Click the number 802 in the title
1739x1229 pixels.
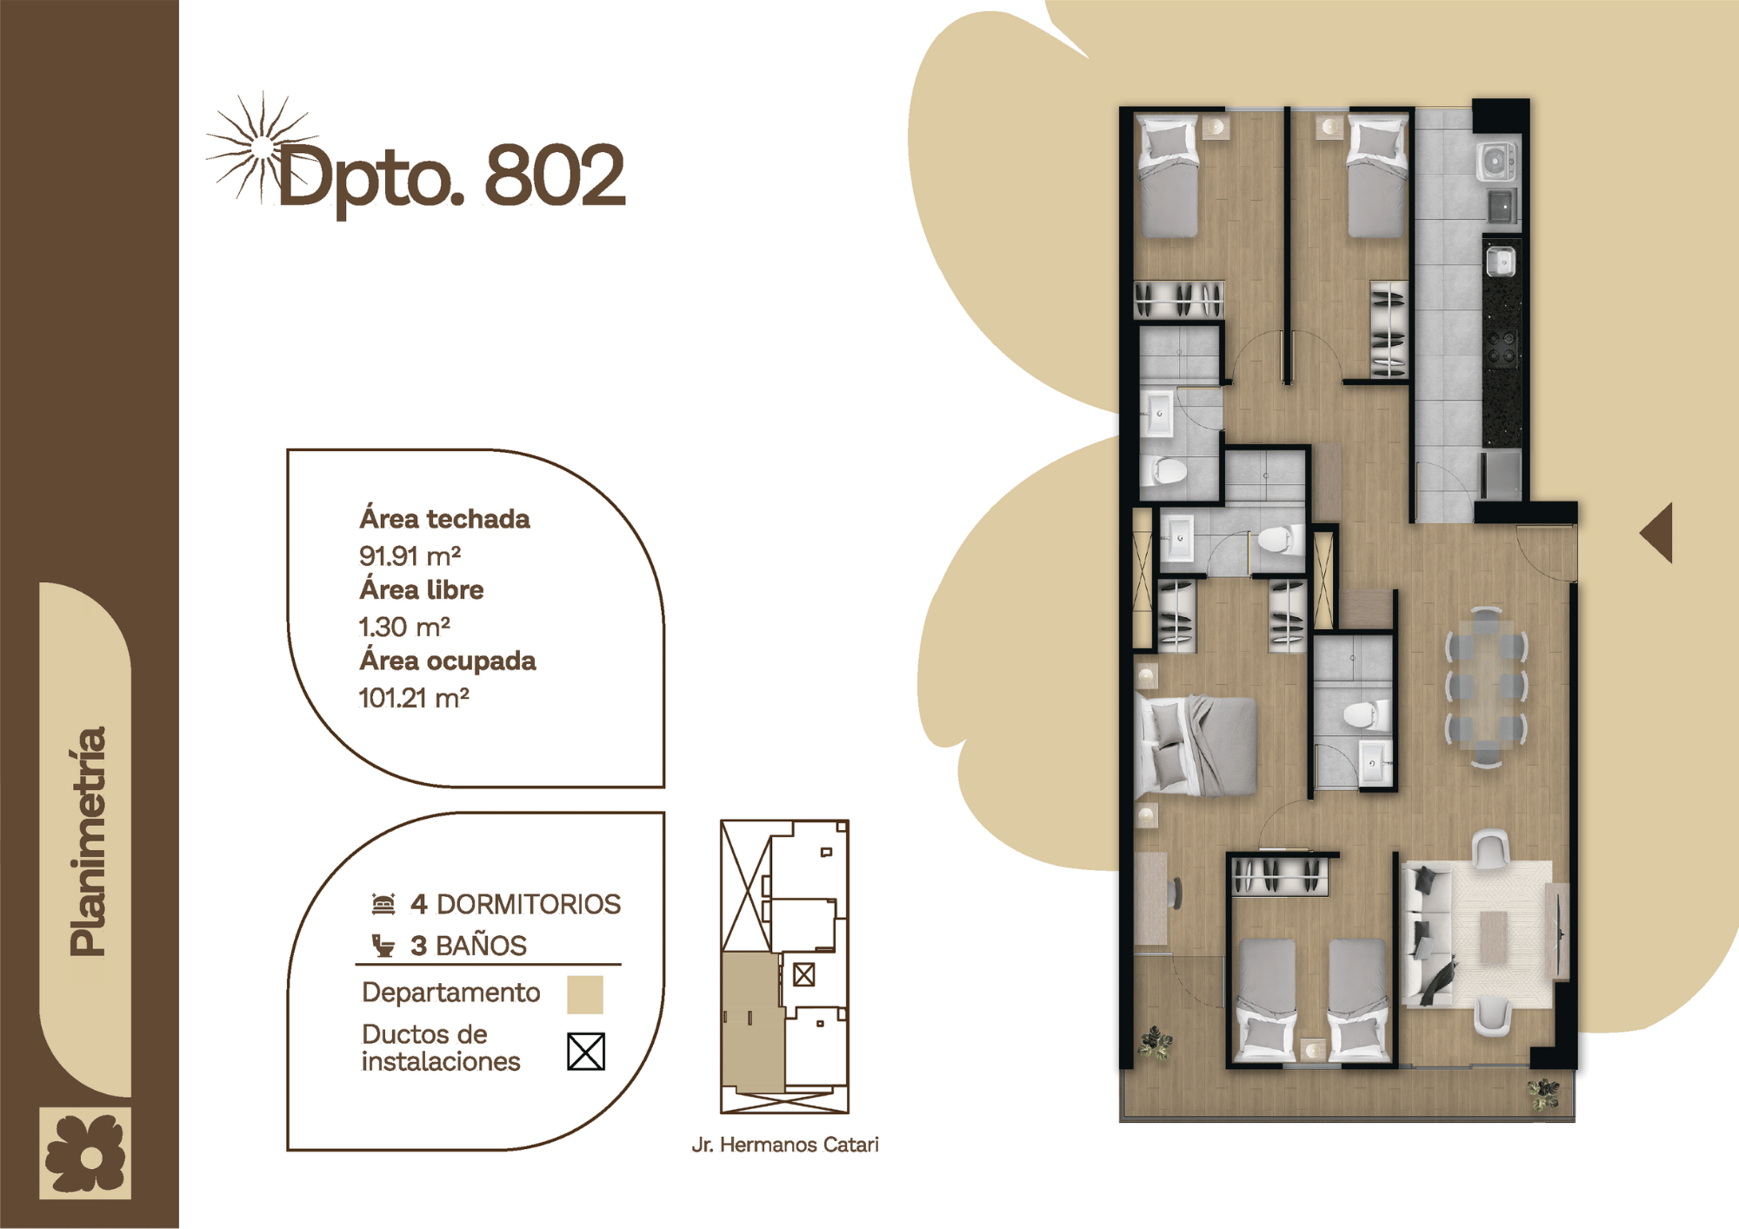(x=555, y=176)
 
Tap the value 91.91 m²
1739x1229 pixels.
(x=410, y=555)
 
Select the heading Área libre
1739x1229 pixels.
(x=422, y=589)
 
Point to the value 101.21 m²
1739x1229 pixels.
(x=414, y=697)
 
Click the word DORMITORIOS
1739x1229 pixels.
(x=529, y=904)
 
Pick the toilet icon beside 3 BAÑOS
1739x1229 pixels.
(x=383, y=945)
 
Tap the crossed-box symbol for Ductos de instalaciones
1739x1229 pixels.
(x=585, y=1051)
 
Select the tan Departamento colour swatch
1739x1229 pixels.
(x=585, y=994)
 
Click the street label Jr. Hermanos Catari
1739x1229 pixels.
(x=785, y=1145)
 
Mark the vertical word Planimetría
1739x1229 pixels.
(x=88, y=840)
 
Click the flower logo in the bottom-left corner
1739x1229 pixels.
(x=85, y=1153)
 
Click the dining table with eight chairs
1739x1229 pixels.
(x=1486, y=688)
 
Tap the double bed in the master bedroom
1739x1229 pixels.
(x=1196, y=746)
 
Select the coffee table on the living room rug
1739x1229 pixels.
(x=1494, y=937)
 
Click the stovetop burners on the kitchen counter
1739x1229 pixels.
(x=1502, y=346)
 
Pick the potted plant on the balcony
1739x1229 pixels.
(x=1543, y=1094)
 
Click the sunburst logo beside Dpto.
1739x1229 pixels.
(x=261, y=149)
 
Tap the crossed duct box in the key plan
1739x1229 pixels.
(x=804, y=975)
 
